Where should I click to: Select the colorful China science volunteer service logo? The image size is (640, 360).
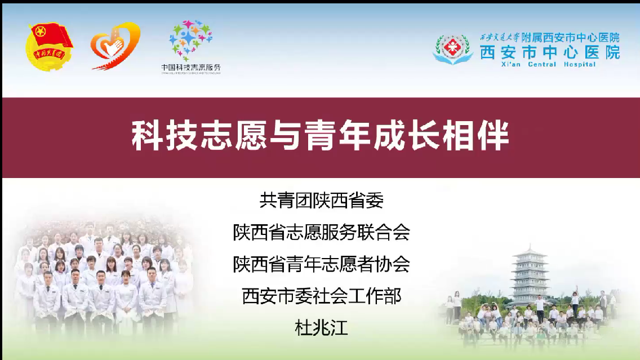[191, 40]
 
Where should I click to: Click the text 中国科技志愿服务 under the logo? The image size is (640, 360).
[191, 68]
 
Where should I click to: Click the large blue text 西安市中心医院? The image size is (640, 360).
[549, 52]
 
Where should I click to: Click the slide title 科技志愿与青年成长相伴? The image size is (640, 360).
[320, 136]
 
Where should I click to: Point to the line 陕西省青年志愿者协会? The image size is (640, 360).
[321, 264]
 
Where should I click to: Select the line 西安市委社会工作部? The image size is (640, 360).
[321, 296]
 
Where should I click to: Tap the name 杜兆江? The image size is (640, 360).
[321, 328]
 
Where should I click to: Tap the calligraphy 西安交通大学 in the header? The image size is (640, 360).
[499, 38]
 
